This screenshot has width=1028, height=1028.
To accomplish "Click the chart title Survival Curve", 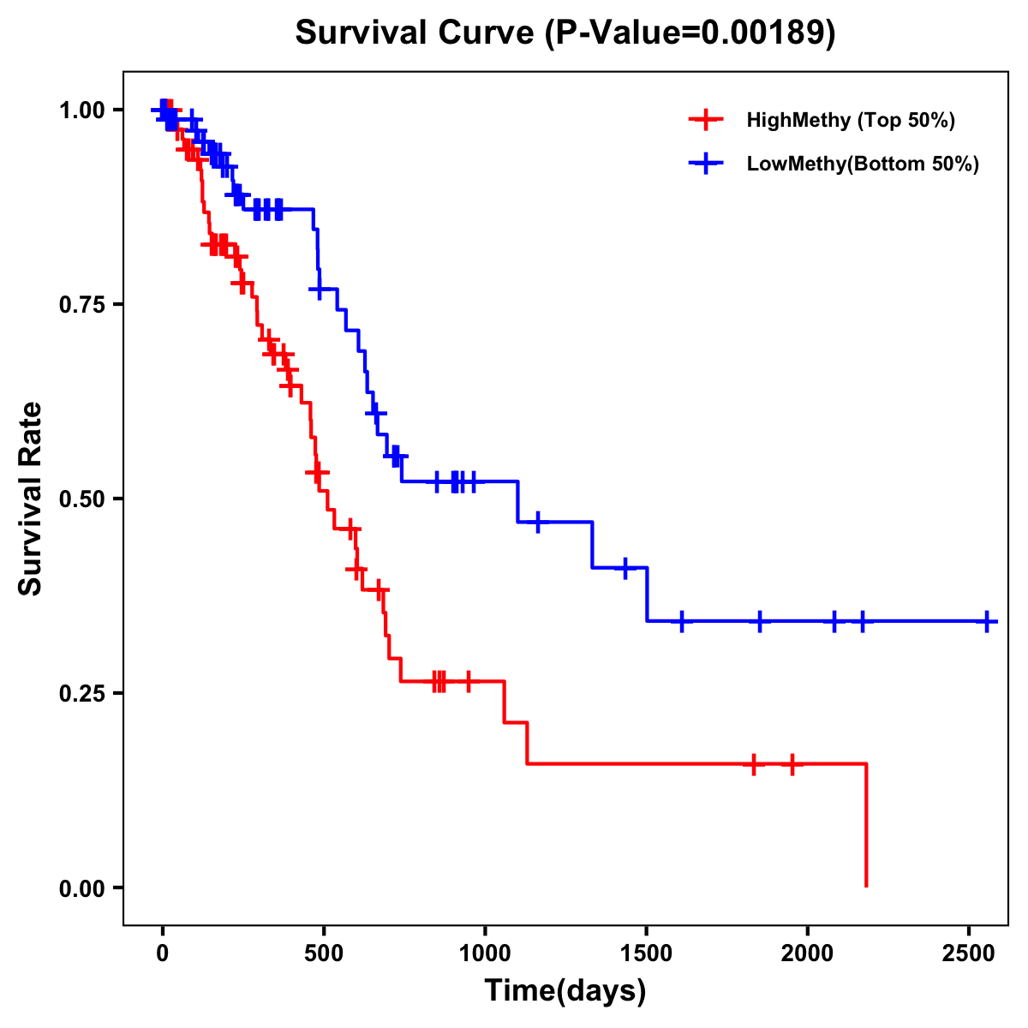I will point(415,33).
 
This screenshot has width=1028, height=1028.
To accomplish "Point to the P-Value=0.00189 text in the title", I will point(694,33).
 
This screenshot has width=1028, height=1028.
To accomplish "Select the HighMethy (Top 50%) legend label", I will point(851,120).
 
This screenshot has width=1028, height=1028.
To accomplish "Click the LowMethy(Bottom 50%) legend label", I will point(863,164).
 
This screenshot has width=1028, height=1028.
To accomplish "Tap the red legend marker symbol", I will point(705,120).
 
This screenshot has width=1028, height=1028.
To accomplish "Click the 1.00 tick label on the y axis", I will point(81,111).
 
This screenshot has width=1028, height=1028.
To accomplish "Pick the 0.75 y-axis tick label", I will point(81,305).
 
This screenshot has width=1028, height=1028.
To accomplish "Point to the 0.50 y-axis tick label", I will point(81,499).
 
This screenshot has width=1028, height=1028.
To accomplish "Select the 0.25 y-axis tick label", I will point(81,693).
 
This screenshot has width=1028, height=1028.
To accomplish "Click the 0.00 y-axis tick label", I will point(81,888).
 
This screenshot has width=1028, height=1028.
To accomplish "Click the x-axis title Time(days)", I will point(565,990).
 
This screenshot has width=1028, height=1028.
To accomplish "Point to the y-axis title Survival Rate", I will point(31,499).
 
